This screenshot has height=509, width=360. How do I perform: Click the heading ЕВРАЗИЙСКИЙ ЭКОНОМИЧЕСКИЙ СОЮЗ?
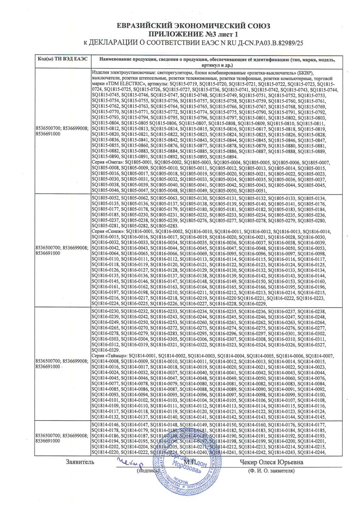180,25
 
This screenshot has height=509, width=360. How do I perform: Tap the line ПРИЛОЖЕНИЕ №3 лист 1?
180,34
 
